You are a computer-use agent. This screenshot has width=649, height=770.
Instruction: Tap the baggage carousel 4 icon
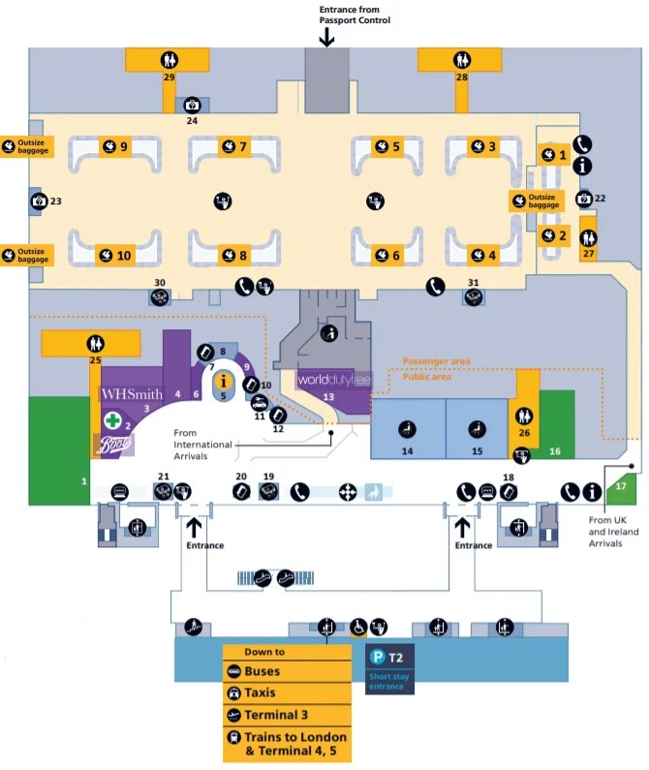tap(478, 255)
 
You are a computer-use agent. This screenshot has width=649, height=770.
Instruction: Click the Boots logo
tap(114, 445)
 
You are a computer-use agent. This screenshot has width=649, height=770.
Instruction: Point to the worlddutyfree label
tap(327, 379)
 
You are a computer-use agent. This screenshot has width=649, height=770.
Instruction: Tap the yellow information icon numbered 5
tap(223, 381)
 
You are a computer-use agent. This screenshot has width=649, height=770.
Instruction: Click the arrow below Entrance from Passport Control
tap(327, 37)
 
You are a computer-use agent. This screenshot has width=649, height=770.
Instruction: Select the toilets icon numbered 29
tap(170, 60)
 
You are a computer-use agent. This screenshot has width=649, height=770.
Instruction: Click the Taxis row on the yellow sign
tap(286, 693)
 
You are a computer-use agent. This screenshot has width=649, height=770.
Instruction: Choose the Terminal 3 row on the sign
tap(286, 716)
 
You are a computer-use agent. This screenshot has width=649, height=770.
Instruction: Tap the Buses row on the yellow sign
tap(286, 671)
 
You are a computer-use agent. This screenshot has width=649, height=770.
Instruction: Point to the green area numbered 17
tap(621, 486)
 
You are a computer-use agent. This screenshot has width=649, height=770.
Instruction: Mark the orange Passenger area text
tap(437, 361)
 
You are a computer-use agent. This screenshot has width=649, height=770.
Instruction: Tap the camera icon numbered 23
tap(39, 201)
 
